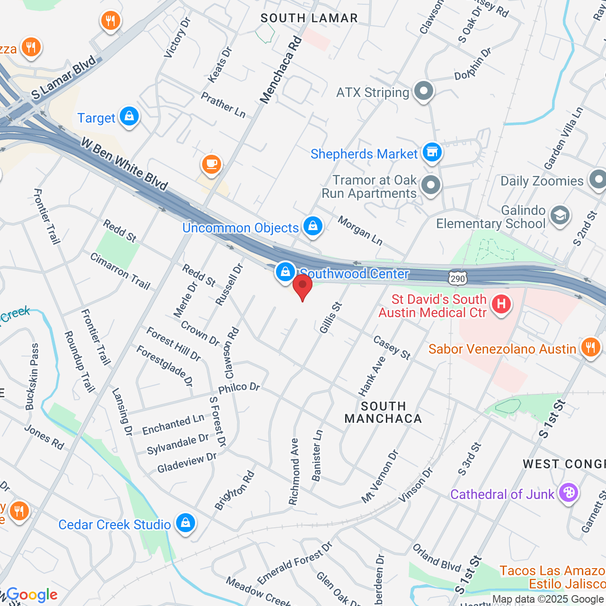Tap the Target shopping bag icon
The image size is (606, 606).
129,116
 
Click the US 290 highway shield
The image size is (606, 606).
458,278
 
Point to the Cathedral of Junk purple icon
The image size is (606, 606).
569,493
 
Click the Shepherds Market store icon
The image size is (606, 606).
431,152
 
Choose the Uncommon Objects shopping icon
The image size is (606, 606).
312,227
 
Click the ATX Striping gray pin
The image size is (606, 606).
423,91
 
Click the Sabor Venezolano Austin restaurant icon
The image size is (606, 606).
590,348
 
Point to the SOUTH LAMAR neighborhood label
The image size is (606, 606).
309,18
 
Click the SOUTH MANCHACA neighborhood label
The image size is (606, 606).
383,412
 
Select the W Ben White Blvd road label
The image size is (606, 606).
124,164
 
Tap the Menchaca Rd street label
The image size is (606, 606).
281,70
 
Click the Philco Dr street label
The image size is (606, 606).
239,388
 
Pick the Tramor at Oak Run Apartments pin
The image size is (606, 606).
430,186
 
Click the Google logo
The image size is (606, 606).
32,595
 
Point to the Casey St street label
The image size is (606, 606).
392,348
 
